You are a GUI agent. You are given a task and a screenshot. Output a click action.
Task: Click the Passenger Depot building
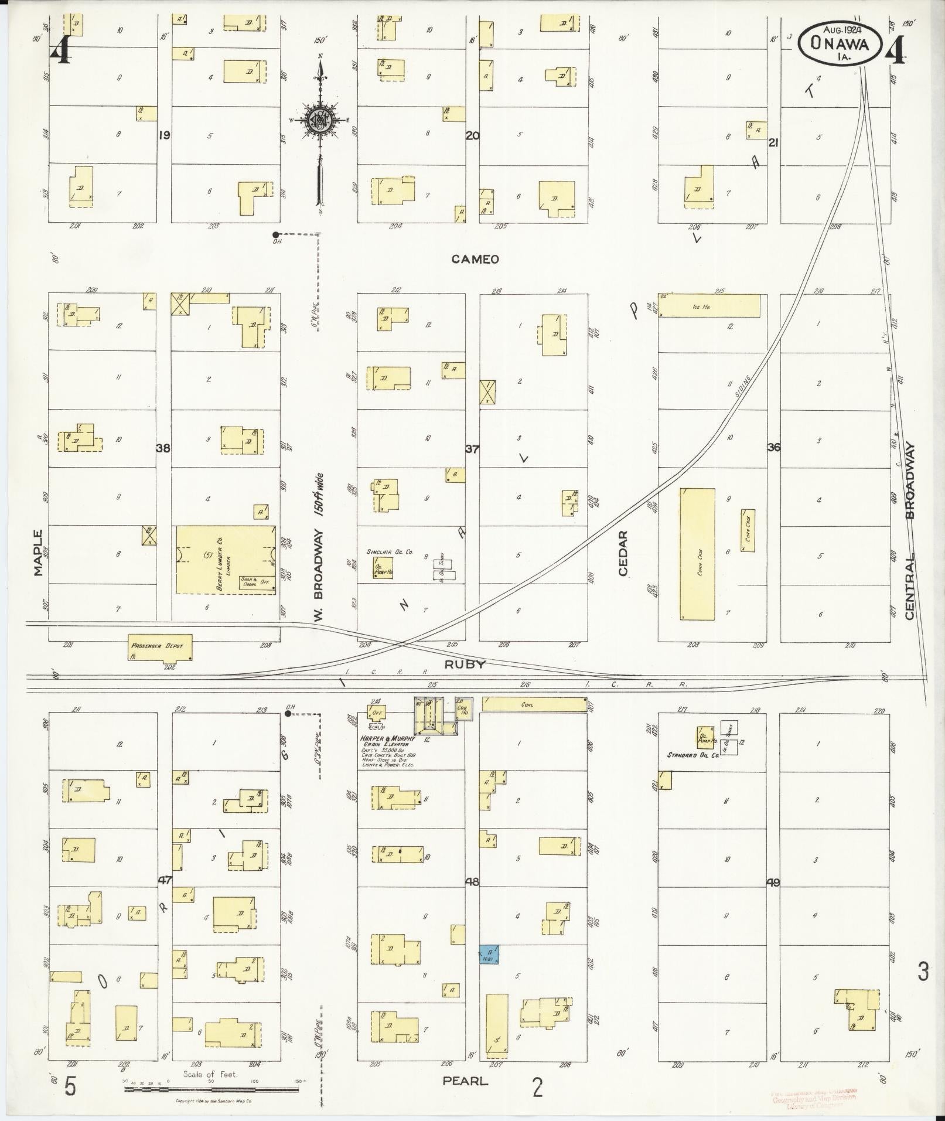tap(160, 646)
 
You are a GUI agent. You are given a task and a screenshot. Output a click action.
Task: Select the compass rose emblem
tap(320, 120)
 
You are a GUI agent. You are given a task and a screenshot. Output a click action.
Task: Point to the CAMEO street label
tap(475, 259)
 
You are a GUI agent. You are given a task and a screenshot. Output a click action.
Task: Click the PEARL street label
tap(466, 1081)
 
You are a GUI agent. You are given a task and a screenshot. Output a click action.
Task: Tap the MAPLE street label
tap(39, 553)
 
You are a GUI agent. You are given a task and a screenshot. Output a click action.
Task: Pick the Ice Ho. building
tap(710, 306)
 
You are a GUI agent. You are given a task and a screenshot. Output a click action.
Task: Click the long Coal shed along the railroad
tap(534, 704)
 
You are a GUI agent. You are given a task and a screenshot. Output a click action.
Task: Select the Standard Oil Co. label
tap(692, 755)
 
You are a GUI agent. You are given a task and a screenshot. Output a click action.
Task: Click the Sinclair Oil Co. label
tap(390, 551)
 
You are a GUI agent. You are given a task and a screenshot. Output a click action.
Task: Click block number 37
tap(472, 449)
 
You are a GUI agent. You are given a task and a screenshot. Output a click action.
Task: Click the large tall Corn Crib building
tap(697, 554)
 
